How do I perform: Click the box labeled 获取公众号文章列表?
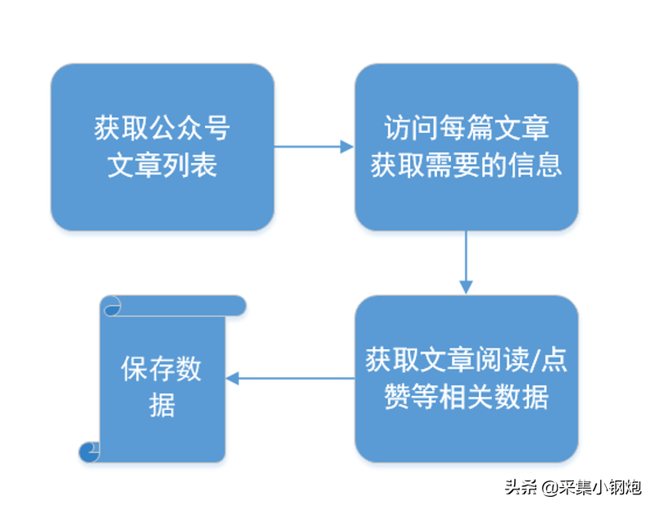pos(162,147)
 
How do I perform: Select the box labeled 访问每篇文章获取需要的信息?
pos(467,147)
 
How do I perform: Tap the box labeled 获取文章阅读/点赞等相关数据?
pos(467,379)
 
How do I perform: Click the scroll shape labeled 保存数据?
pos(162,379)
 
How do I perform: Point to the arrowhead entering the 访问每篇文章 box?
pos(347,147)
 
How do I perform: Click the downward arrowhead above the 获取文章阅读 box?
pos(466,288)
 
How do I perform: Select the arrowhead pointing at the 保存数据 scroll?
pos(233,378)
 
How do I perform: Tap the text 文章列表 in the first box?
pos(162,165)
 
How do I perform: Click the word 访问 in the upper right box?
pos(412,128)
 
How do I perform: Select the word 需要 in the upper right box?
pos(453,165)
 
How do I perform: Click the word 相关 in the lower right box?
pos(466,397)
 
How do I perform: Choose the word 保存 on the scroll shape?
pos(148,369)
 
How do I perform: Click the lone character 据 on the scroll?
pos(162,405)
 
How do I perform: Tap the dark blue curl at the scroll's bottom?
pos(89,452)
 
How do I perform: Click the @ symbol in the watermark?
pos(551,487)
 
